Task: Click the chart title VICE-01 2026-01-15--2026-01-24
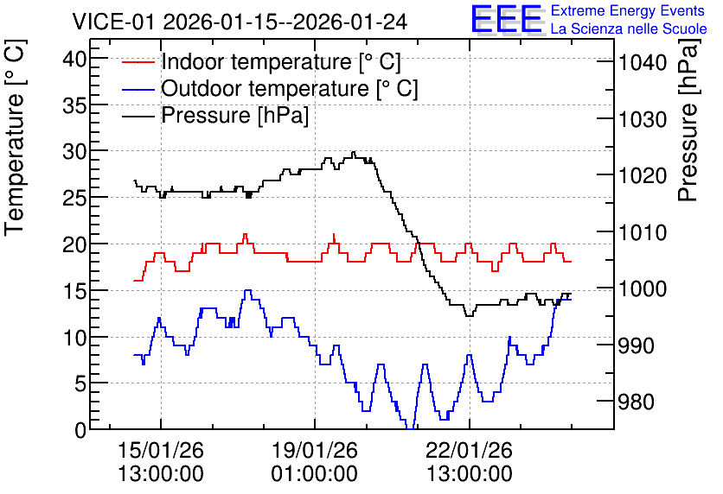click(240, 22)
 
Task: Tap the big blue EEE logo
click(506, 19)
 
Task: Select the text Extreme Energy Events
click(628, 10)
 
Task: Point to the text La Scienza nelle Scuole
click(629, 28)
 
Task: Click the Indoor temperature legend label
click(281, 61)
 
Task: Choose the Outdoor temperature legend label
click(290, 88)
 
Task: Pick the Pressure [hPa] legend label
click(234, 115)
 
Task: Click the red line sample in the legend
click(138, 62)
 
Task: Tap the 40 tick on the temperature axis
click(74, 59)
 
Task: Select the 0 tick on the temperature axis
click(80, 430)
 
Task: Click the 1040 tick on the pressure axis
click(643, 62)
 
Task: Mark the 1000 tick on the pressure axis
click(643, 288)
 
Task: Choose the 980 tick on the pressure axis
click(637, 402)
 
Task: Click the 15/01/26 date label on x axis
click(161, 450)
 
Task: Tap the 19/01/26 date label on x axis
click(315, 450)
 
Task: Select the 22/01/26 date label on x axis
click(469, 450)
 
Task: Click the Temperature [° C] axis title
click(15, 138)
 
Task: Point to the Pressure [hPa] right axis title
click(688, 120)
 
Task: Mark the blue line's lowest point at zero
click(410, 428)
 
